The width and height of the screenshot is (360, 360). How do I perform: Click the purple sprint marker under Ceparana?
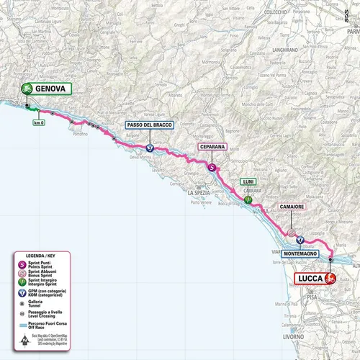coord(212,168)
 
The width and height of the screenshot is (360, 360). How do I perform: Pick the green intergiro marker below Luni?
coord(247,199)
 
